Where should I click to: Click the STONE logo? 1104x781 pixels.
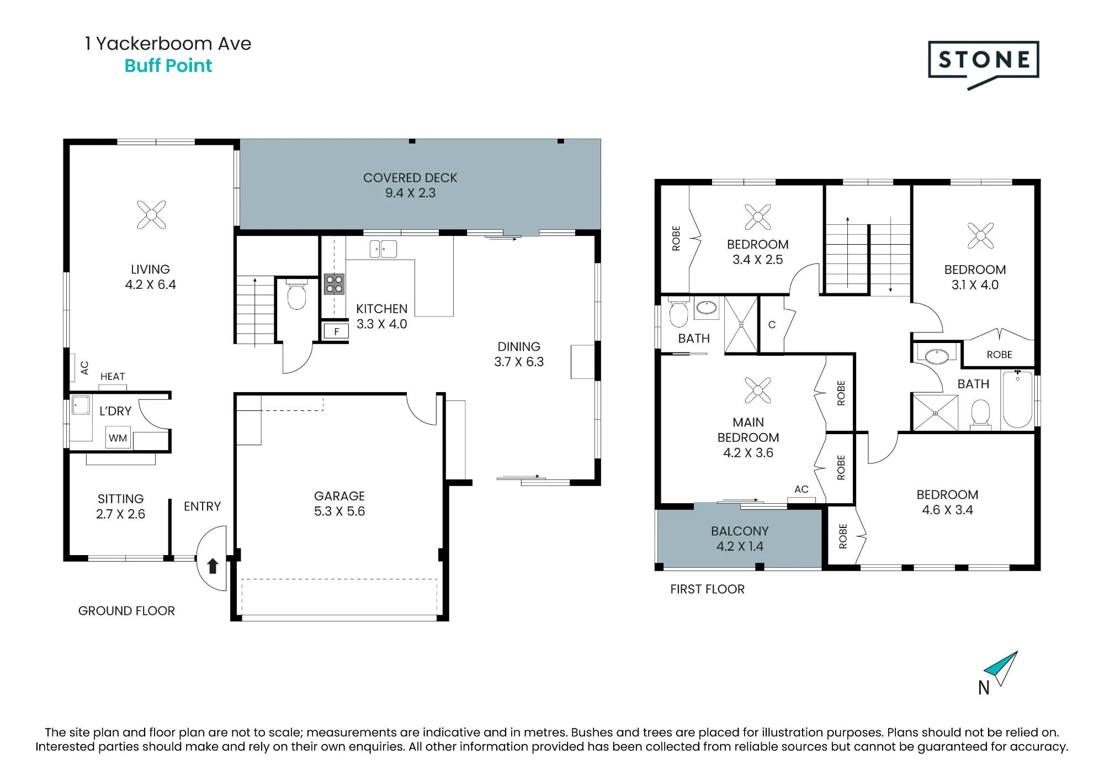click(x=983, y=64)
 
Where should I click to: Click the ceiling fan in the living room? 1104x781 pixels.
click(x=151, y=214)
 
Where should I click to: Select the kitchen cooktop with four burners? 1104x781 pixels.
click(x=335, y=284)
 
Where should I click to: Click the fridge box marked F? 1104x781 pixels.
click(x=336, y=331)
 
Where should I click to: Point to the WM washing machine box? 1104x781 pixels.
click(x=118, y=437)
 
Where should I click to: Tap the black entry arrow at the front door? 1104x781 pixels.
click(x=213, y=566)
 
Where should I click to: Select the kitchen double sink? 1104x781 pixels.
click(x=383, y=249)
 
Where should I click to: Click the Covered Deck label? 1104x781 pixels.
click(x=410, y=185)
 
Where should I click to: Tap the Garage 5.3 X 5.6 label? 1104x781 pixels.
click(x=339, y=504)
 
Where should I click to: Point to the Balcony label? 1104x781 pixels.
click(x=740, y=539)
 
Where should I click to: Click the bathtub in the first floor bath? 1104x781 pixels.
click(x=1017, y=399)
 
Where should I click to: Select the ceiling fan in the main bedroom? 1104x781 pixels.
click(x=758, y=390)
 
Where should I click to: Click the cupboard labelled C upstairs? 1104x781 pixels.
click(x=772, y=325)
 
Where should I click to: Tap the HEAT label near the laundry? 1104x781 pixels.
click(x=113, y=376)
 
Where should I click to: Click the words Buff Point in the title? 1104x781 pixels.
click(x=168, y=66)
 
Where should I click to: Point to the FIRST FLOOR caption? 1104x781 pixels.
click(x=707, y=589)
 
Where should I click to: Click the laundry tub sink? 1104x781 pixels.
click(x=81, y=405)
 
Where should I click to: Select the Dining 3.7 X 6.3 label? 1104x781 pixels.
click(x=519, y=354)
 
